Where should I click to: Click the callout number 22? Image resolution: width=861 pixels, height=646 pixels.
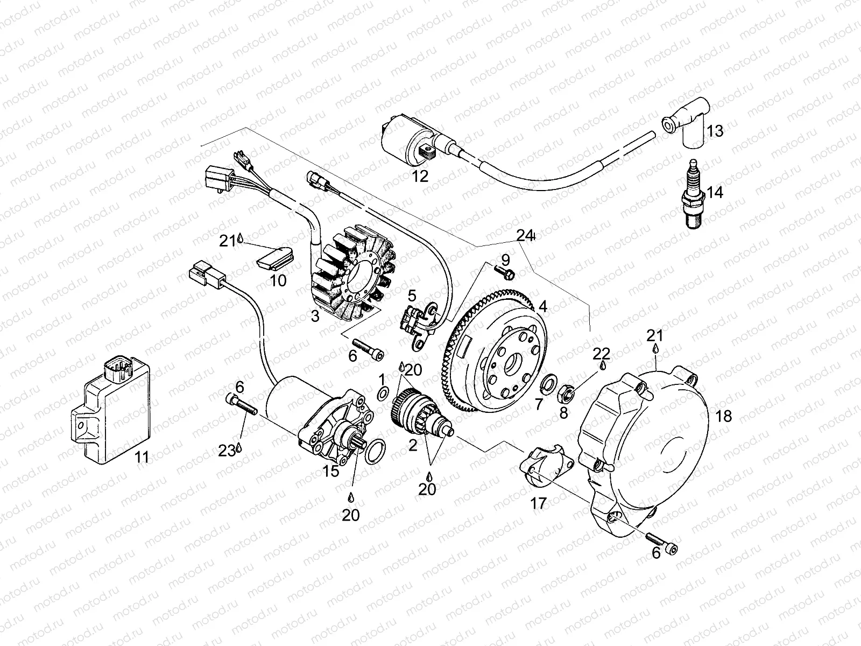pos(601,354)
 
